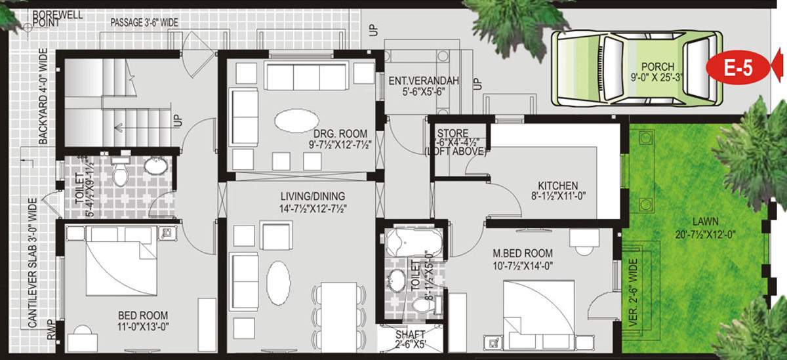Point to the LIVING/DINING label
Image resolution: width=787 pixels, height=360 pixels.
click(x=313, y=196)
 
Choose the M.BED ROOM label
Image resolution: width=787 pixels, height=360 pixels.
click(x=523, y=253)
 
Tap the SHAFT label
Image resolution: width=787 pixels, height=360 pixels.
click(x=411, y=334)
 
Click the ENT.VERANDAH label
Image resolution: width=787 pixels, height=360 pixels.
click(x=423, y=81)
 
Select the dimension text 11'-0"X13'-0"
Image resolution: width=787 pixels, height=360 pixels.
click(x=143, y=325)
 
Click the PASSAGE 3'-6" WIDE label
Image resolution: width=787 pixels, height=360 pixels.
click(x=144, y=23)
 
